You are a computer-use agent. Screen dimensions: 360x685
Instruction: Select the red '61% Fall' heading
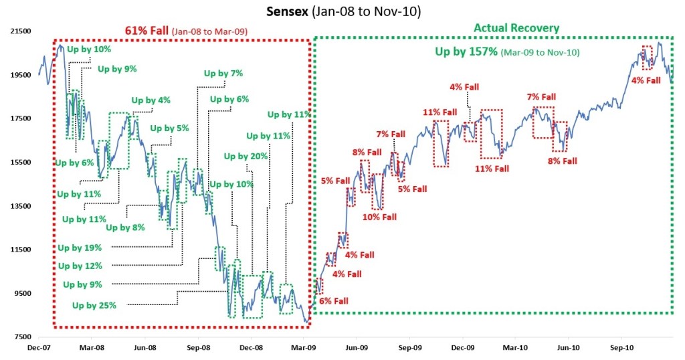pos(146,31)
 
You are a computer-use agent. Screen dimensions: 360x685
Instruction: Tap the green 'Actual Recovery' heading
pos(516,28)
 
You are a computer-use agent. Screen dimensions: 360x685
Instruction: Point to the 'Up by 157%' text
pos(466,52)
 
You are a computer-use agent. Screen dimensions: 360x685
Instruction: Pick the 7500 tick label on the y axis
pos(23,337)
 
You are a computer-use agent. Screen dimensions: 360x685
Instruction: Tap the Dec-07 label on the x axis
pos(38,348)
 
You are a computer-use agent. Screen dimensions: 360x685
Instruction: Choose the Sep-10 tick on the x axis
pos(623,348)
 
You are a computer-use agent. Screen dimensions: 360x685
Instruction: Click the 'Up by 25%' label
pos(94,306)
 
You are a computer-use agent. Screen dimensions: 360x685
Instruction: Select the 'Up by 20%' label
pos(246,156)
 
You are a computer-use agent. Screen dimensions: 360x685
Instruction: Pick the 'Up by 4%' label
pos(151,100)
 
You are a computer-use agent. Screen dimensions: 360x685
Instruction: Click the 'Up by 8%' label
pos(125,228)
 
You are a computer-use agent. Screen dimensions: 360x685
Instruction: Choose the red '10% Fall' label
pos(379,217)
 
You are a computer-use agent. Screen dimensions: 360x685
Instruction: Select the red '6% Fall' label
pos(333,301)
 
